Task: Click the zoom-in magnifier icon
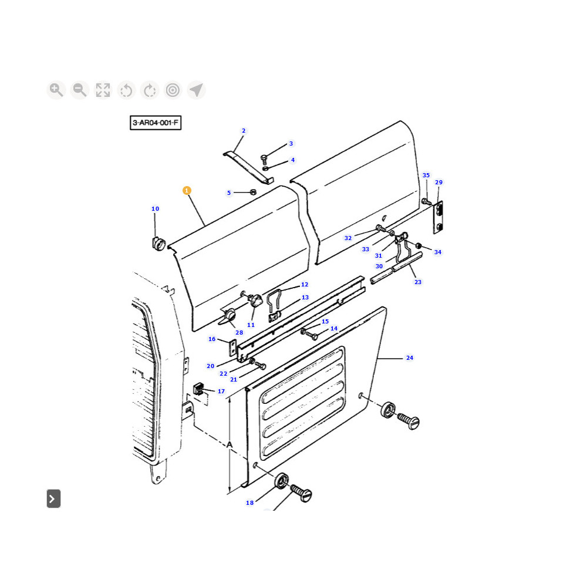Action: (56, 90)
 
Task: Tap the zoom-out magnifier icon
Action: (79, 90)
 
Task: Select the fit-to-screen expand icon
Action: (103, 90)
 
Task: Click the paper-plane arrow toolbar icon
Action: (196, 90)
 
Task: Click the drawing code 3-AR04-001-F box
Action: (156, 123)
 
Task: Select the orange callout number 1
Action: (187, 191)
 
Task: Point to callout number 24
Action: (410, 358)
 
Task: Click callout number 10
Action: (155, 209)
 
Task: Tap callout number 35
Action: (426, 175)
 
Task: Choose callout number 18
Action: (249, 503)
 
